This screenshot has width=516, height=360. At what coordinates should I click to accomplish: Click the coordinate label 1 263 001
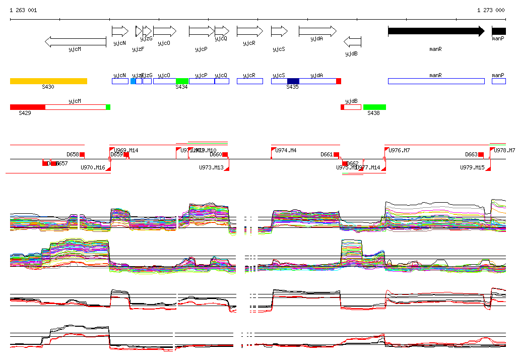23,10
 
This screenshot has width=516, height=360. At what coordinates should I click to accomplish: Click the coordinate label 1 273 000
491,10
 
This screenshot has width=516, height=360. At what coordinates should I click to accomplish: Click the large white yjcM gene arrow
76,42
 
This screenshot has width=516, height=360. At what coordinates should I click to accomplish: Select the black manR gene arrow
436,31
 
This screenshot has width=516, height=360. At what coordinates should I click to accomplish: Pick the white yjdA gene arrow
317,31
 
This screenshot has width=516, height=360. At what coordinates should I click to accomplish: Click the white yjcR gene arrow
249,31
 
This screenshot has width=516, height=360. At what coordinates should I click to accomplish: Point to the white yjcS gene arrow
279,31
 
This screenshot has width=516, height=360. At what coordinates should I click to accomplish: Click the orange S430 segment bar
48,81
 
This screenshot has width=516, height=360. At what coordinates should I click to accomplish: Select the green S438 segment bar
374,107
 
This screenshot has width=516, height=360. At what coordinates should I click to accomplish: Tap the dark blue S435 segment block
293,81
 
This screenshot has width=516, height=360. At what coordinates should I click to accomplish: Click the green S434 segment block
182,81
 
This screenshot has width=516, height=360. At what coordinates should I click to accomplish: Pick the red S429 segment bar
28,107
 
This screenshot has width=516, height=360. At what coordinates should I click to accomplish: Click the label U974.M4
286,150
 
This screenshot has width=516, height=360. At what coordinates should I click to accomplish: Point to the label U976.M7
399,150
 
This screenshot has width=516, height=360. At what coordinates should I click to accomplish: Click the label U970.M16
93,167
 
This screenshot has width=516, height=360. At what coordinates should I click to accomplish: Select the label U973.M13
211,167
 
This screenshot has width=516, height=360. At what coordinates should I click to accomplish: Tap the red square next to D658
82,154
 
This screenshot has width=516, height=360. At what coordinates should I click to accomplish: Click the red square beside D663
481,154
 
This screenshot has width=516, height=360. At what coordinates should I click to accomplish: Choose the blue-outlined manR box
436,81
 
